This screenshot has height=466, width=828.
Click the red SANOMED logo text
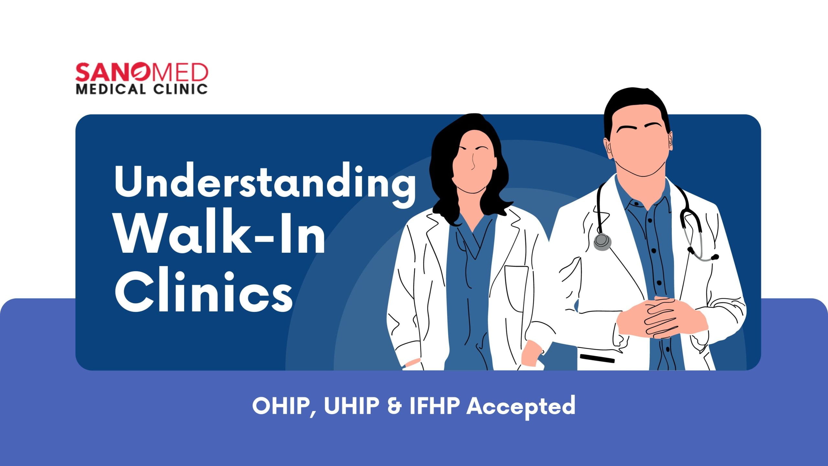[x=142, y=72]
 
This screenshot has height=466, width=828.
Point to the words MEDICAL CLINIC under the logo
[x=142, y=89]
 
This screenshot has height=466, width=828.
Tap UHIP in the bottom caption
[x=352, y=405]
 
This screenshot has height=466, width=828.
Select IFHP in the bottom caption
[x=435, y=405]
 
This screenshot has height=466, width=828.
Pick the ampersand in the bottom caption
[x=394, y=406]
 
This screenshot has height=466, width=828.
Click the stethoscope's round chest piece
[x=602, y=241]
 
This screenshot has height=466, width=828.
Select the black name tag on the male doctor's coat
[x=597, y=359]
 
